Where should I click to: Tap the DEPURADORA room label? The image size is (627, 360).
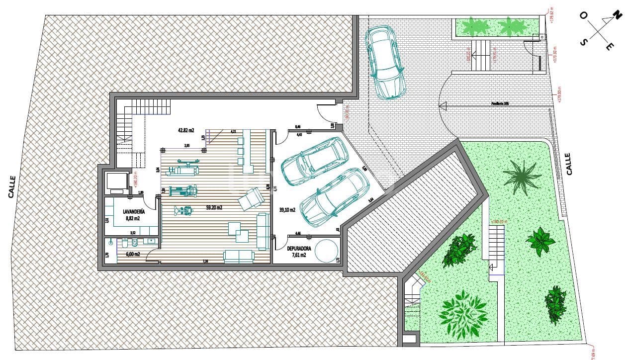[299, 248]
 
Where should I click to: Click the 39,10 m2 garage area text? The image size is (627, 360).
[287, 210]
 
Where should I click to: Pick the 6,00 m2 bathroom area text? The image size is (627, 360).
[133, 254]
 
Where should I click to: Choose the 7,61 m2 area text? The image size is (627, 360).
[299, 255]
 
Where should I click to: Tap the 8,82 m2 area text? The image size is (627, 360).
[132, 218]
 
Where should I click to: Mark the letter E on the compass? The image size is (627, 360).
[609, 47]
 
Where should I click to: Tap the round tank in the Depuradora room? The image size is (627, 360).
[326, 251]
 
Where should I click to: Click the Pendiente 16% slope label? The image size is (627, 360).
[500, 103]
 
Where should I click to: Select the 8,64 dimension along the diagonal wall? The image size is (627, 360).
[371, 200]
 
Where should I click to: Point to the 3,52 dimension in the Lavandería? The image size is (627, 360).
[133, 232]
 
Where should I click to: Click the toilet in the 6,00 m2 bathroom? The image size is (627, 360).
[134, 243]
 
